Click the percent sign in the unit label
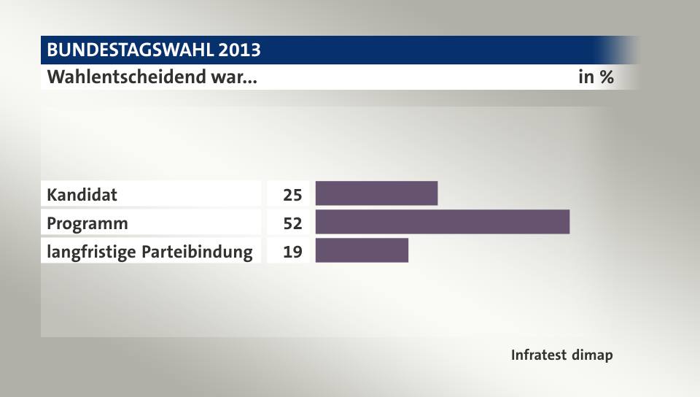click(x=606, y=77)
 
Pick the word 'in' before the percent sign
click(x=586, y=77)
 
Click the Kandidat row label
click(x=82, y=195)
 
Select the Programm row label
click(x=87, y=223)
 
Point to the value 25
click(x=292, y=195)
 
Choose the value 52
click(x=292, y=223)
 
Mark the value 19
click(x=292, y=252)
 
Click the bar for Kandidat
click(x=376, y=193)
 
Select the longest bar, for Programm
click(x=442, y=222)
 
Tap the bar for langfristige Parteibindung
click(x=362, y=250)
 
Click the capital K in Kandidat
click(x=52, y=195)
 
